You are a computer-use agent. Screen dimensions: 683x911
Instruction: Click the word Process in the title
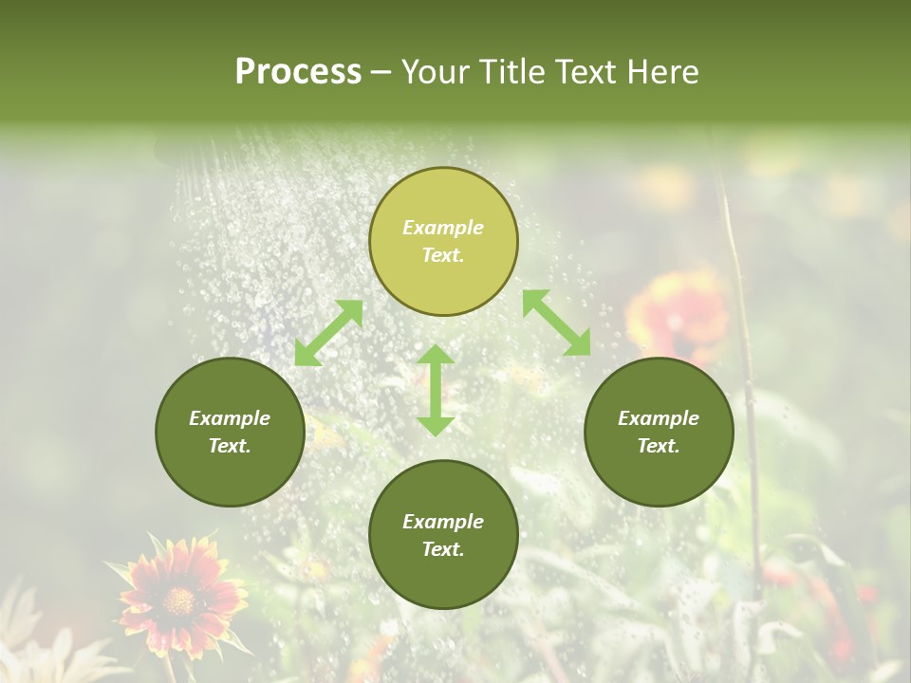[298, 72]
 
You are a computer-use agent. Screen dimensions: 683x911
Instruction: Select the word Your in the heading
[435, 72]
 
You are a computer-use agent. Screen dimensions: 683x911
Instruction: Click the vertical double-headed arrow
[436, 390]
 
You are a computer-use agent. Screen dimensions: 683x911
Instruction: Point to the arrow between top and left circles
[328, 333]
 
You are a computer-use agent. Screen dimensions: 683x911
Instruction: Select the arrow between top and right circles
[556, 323]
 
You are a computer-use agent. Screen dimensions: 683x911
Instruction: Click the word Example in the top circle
[443, 228]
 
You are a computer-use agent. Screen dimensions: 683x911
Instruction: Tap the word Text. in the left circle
[230, 446]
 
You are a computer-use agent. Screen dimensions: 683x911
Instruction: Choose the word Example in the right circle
[659, 418]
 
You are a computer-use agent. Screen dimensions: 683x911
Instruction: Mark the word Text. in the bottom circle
[443, 549]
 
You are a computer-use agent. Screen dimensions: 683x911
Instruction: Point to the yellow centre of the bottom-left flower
[178, 600]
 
